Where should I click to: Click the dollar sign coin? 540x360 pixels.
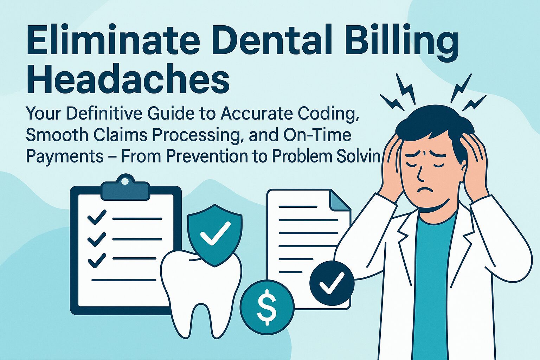[267, 307]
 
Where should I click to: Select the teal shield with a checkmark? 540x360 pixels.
[215, 236]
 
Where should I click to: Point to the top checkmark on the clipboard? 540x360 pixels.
[97, 218]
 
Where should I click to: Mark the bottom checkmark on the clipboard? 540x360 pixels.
[97, 261]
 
